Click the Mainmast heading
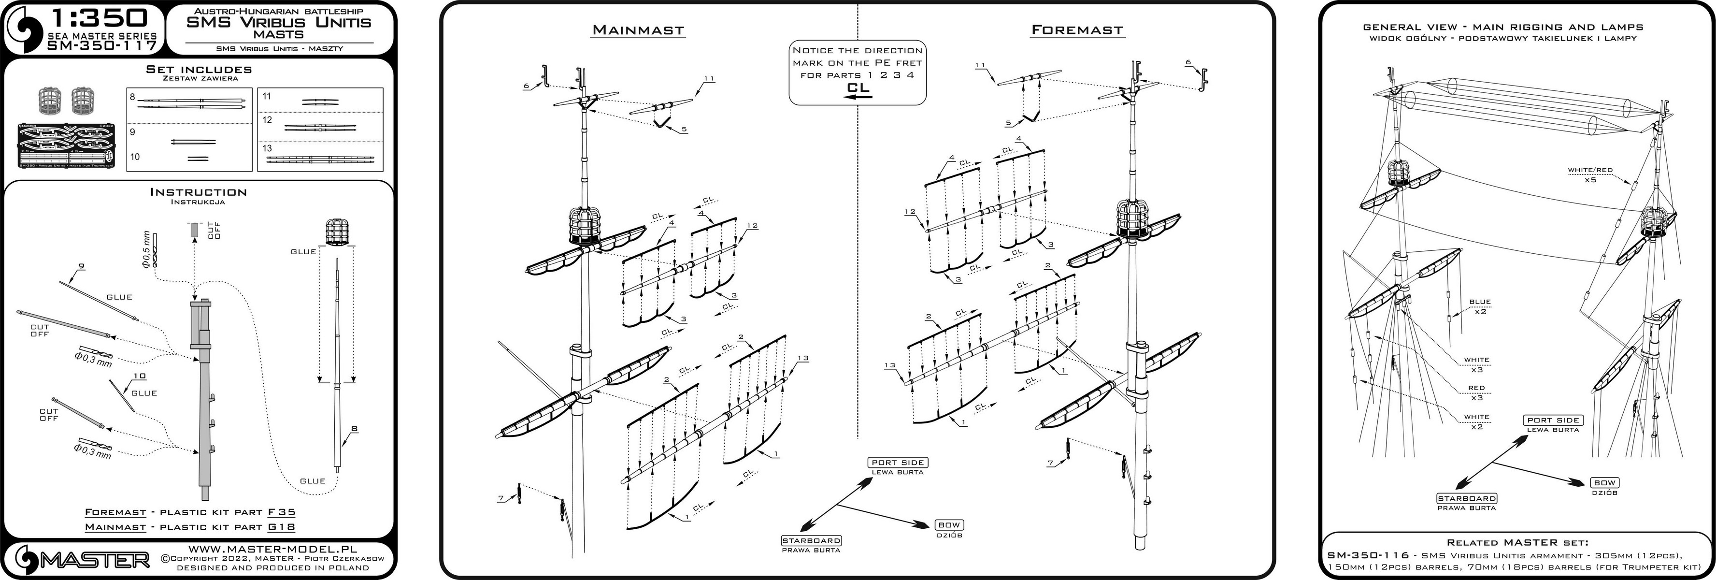click(638, 30)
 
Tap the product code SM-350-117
click(102, 45)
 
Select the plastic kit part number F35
click(281, 512)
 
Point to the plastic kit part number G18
click(281, 527)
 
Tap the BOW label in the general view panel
click(1604, 483)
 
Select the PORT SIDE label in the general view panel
click(1553, 420)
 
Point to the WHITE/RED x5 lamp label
click(1590, 174)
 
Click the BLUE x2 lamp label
click(1480, 306)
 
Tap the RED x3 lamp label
click(1476, 392)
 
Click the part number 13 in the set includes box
click(267, 148)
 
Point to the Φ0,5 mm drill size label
click(146, 248)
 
